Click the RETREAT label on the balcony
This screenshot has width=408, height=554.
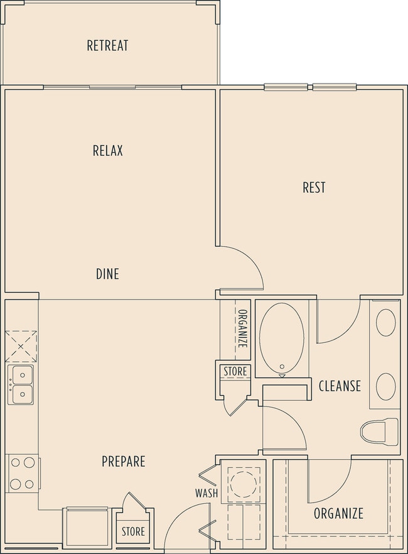tap(107, 46)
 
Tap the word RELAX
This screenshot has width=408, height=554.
tap(107, 151)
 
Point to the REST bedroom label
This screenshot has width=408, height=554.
tap(314, 187)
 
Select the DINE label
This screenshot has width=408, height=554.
tap(107, 274)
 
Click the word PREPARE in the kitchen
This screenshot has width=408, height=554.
tap(124, 462)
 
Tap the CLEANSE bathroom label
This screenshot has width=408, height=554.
tap(340, 386)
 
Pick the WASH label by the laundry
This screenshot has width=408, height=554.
tap(207, 493)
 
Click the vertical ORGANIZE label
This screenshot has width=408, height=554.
tap(242, 329)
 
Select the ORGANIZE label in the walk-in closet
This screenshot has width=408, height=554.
tap(338, 513)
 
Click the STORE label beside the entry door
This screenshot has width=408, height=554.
tap(133, 531)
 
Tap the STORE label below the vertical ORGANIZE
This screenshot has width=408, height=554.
tap(235, 371)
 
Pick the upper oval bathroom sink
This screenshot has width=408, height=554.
tap(386, 323)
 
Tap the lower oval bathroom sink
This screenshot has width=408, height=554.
tap(386, 386)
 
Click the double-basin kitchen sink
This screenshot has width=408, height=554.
tap(21, 384)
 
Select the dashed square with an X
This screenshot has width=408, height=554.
tap(21, 347)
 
